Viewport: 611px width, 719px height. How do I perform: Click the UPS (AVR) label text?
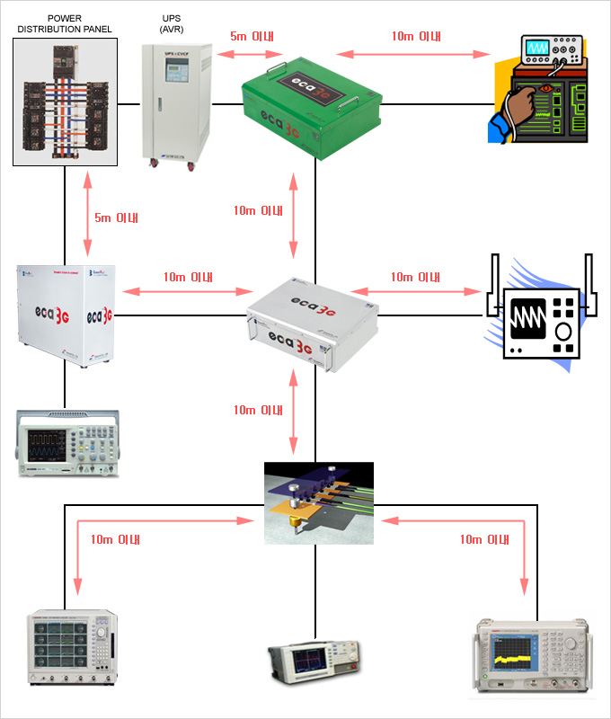pos(170,23)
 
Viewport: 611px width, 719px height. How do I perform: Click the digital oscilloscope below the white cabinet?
pos(67,444)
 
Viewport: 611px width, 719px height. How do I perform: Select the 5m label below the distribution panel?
pos(117,218)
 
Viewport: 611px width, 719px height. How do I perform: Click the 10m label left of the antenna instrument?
pos(415,277)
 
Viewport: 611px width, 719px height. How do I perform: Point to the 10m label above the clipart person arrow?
pos(416,37)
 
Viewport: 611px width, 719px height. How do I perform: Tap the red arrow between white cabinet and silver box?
pos(185,291)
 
